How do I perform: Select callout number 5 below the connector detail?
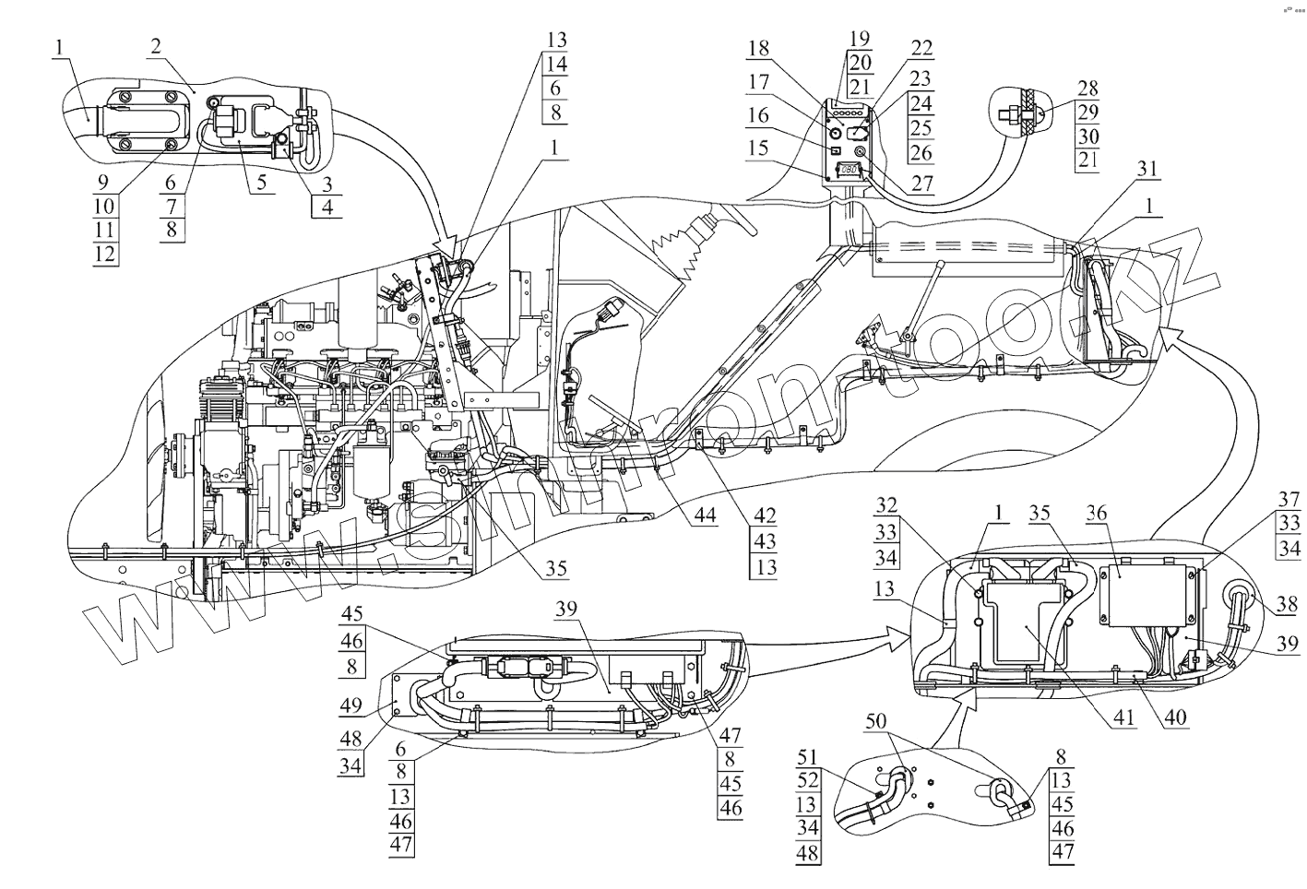click(262, 181)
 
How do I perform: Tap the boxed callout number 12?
click(105, 253)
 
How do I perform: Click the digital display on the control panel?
click(849, 170)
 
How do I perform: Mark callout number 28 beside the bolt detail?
click(1087, 88)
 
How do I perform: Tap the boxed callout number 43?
click(765, 541)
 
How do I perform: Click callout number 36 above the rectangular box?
click(1123, 513)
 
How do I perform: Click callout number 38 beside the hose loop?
click(1286, 606)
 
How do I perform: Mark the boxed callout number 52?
click(808, 780)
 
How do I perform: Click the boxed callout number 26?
click(921, 152)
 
